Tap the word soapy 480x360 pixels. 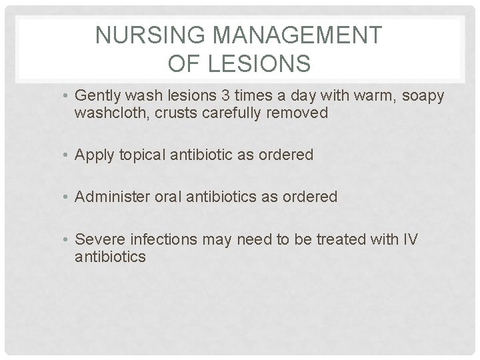click(x=420, y=96)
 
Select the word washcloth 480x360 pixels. click(x=111, y=113)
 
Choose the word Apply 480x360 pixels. click(x=93, y=155)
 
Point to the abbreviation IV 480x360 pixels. click(x=410, y=239)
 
